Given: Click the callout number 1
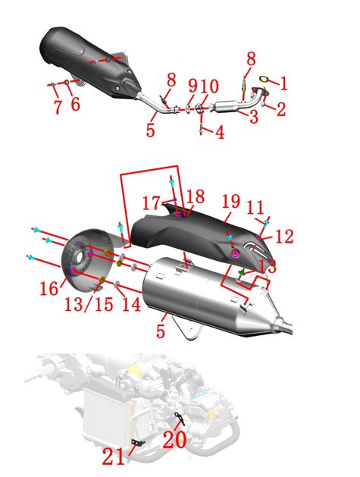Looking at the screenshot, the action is (x=283, y=83).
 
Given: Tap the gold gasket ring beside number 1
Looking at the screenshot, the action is (x=265, y=80).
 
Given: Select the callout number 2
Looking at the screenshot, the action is (x=281, y=109).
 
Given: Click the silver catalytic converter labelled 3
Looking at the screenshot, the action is (x=227, y=106).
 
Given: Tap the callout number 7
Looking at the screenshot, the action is (x=58, y=106).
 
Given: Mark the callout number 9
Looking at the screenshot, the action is (x=193, y=86).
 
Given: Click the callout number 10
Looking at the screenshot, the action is (x=209, y=86).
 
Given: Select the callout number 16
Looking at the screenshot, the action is (x=49, y=287).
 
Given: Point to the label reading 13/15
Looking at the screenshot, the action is (x=89, y=304).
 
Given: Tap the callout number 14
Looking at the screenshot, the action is (x=131, y=304).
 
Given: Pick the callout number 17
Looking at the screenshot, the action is (x=151, y=203).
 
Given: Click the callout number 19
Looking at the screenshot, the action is (x=231, y=202).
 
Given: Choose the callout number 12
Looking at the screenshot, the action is (x=284, y=237).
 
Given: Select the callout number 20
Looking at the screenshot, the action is (x=174, y=440).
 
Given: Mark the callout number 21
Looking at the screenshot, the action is (x=114, y=457).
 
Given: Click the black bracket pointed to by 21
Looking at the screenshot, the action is (x=138, y=442).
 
